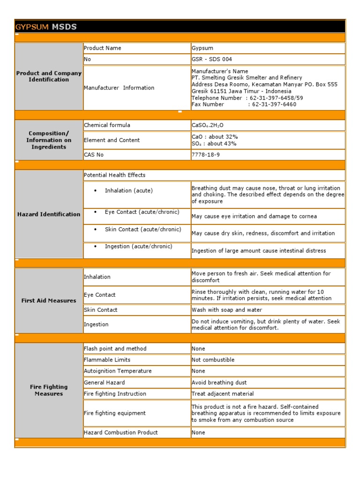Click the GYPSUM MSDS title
click(46, 27)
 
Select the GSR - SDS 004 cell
click(212, 60)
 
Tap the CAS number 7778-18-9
click(206, 155)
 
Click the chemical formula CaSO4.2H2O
click(208, 126)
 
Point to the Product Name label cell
click(102, 48)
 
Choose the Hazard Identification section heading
click(49, 214)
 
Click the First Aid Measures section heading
click(49, 300)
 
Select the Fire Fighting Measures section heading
click(49, 390)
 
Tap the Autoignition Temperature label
click(118, 371)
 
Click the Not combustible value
click(213, 360)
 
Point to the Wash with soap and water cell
click(227, 310)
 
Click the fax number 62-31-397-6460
click(274, 105)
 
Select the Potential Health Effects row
click(115, 175)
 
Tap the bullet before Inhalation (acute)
click(95, 191)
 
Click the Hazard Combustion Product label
click(120, 433)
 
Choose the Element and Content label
click(112, 140)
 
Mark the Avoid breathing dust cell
click(219, 382)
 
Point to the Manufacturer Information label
click(119, 88)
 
